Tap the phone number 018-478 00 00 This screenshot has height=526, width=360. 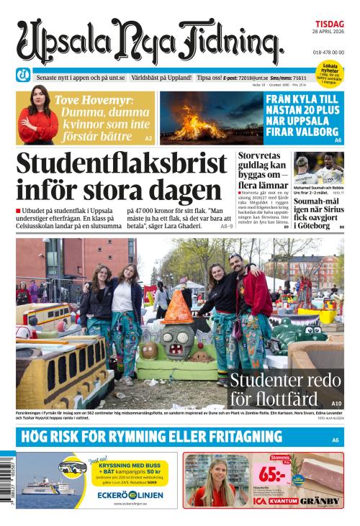(328, 53)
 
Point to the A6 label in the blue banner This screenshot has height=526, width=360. (335, 440)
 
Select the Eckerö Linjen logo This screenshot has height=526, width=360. (138, 496)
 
